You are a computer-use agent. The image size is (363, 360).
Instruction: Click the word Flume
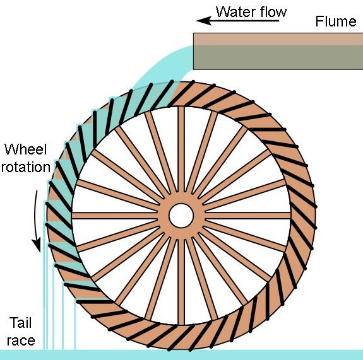click(336, 21)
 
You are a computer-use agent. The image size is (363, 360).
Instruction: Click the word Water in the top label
click(236, 12)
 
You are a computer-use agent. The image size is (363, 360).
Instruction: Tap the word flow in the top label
click(273, 11)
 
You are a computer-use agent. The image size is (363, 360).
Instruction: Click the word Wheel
click(26, 149)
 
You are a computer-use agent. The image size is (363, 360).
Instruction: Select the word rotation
click(26, 166)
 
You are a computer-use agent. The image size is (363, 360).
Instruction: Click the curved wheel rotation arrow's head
click(37, 245)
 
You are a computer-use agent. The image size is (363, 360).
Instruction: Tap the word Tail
click(20, 323)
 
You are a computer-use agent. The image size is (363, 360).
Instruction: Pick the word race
click(21, 340)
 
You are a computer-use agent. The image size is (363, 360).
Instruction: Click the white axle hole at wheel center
click(181, 216)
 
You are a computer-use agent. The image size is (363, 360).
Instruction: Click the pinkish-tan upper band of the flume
click(278, 39)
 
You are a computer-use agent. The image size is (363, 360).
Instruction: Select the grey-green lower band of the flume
click(278, 57)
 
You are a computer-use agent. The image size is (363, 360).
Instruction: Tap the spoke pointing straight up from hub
click(181, 149)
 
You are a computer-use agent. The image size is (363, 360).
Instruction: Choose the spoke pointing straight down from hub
click(181, 282)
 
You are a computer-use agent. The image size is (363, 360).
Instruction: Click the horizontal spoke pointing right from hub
click(247, 216)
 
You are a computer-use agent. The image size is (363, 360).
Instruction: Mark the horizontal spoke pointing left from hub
click(115, 216)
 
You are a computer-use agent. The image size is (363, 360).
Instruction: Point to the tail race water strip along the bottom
click(182, 355)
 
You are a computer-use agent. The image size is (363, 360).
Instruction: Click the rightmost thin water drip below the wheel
click(74, 325)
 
